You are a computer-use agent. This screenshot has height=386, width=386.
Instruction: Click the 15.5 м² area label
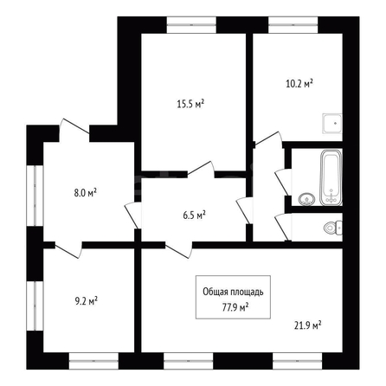[190, 104]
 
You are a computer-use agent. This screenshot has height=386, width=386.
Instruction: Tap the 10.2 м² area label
[299, 84]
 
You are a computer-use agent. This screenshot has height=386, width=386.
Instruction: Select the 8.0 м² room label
[85, 193]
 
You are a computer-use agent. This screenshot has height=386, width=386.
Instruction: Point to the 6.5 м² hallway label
[194, 216]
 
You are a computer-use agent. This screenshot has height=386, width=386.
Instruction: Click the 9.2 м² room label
[86, 301]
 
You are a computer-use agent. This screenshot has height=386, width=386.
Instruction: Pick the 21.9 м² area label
[308, 326]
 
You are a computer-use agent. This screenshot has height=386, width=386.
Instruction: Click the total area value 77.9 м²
[235, 307]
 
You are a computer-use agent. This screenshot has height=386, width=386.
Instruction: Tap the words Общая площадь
[233, 292]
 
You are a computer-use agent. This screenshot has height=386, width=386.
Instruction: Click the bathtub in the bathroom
[331, 177]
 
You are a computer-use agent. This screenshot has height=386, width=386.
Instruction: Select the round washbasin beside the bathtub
[307, 199]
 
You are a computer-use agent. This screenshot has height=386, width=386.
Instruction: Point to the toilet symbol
[333, 228]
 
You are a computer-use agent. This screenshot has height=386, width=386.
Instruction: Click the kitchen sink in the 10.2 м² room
[332, 124]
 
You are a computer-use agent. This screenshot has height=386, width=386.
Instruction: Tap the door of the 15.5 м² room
[201, 169]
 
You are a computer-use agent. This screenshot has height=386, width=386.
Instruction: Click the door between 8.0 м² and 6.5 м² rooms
[132, 216]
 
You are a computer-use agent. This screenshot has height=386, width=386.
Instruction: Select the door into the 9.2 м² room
[68, 249]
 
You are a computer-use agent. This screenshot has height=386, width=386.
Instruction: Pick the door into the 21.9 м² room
[178, 250]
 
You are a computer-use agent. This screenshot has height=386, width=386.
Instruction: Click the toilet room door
[283, 227]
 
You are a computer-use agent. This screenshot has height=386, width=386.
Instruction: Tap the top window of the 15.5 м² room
[191, 25]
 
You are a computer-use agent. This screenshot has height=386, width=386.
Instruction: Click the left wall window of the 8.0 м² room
[35, 196]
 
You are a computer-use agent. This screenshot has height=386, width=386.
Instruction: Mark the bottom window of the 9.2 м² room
[93, 361]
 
